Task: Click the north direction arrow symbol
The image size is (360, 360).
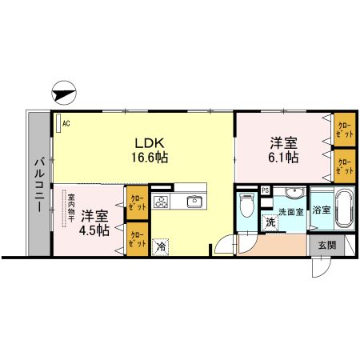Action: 64,93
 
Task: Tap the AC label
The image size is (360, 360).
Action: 66,122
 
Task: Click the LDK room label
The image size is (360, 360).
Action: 150,142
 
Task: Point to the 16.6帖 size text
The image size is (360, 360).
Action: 150,158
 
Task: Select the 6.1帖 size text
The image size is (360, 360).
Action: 285,158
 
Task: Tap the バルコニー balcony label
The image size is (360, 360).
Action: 38,185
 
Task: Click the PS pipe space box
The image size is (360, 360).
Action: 266,190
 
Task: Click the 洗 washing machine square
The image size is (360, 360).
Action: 270,222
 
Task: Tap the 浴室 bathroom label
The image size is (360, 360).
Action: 322,210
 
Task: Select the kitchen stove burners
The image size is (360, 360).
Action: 162,201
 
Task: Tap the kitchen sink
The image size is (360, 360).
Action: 194,201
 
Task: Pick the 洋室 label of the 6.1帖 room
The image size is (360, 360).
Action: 285,143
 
